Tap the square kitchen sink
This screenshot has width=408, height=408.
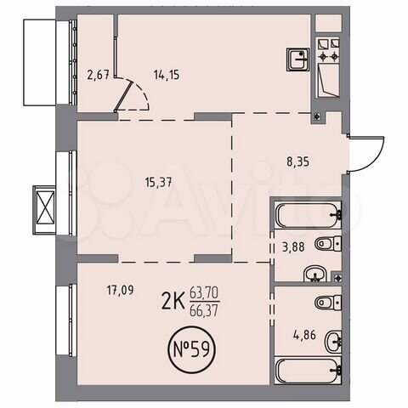pos(297,59)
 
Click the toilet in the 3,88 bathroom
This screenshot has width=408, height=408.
pos(327,246)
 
